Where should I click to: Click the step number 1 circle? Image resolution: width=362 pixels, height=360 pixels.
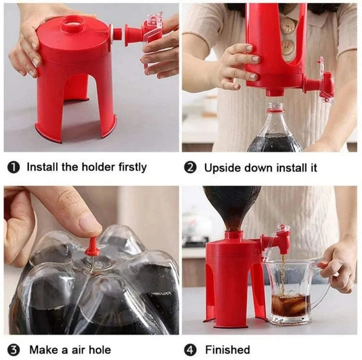click(x=13, y=167)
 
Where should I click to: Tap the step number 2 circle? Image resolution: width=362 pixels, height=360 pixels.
click(x=190, y=167)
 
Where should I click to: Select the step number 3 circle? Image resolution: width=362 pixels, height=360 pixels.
click(x=13, y=350)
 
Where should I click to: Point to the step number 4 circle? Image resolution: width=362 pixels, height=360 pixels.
click(x=190, y=350)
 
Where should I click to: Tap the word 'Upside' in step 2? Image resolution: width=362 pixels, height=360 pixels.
click(x=222, y=167)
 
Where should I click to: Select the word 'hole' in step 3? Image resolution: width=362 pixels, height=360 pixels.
click(x=98, y=350)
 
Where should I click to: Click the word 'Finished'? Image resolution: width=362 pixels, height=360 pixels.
click(x=227, y=350)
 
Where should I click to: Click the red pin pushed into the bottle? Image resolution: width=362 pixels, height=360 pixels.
click(x=92, y=248)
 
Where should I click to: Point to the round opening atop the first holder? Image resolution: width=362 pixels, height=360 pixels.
click(x=73, y=25)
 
